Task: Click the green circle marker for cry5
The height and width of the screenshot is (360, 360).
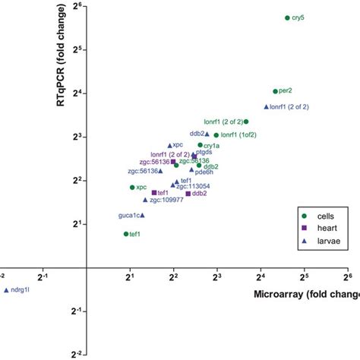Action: (287, 17)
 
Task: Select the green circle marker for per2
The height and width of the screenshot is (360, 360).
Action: (275, 91)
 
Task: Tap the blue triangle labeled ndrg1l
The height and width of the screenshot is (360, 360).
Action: (6, 290)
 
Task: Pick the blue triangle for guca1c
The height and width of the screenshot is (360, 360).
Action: (142, 216)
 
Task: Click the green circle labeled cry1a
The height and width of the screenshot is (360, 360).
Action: (201, 145)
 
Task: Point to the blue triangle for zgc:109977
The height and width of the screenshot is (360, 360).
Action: (145, 200)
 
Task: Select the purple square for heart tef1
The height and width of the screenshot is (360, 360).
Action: (154, 193)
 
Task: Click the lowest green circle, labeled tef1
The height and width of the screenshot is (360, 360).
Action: (126, 234)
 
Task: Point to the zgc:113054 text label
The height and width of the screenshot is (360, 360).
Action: (193, 186)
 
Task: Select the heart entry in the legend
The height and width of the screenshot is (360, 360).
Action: (324, 226)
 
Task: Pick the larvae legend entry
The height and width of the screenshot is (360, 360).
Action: (326, 238)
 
